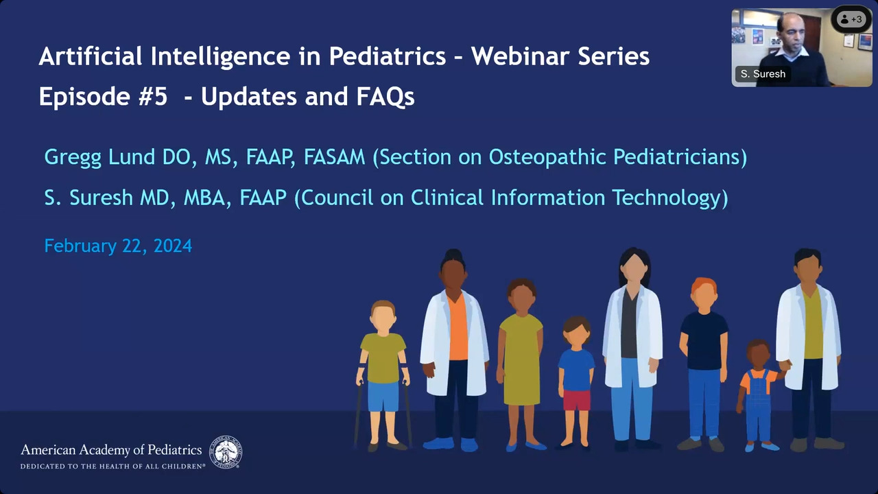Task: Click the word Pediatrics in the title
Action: point(388,56)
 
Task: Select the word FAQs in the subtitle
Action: point(385,97)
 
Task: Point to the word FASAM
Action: point(334,157)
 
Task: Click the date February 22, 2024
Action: point(118,246)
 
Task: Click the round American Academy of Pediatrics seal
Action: point(226,452)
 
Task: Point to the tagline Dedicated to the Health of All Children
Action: point(112,467)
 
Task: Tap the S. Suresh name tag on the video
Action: point(763,73)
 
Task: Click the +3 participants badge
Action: point(851,19)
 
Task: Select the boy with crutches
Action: point(383,375)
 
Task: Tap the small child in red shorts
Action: point(576,382)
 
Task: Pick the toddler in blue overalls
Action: point(759,395)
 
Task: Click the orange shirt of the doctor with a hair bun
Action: point(457,327)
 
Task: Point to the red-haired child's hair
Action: point(704,285)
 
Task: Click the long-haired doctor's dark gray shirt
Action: point(630,323)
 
